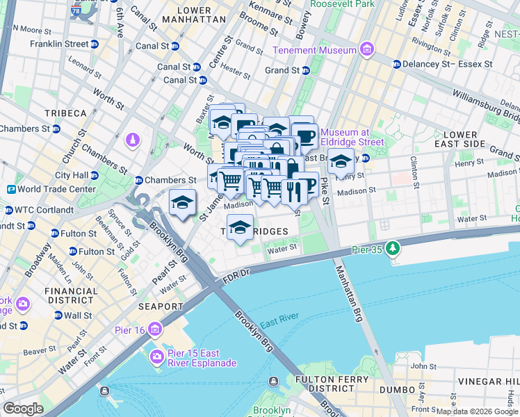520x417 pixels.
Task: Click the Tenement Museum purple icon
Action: [366, 49]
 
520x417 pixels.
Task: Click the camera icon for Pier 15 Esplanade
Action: [156, 357]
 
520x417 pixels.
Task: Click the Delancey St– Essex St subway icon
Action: [396, 64]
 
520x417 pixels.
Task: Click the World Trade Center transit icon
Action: [11, 189]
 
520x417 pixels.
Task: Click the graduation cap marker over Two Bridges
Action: [240, 227]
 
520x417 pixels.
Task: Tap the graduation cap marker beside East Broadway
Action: [341, 161]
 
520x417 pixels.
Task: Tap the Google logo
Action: [24, 409]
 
